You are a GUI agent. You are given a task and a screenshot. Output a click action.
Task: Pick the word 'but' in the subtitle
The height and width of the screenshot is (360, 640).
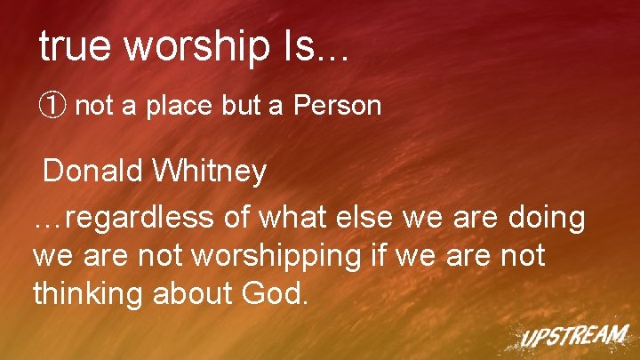click(242, 107)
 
